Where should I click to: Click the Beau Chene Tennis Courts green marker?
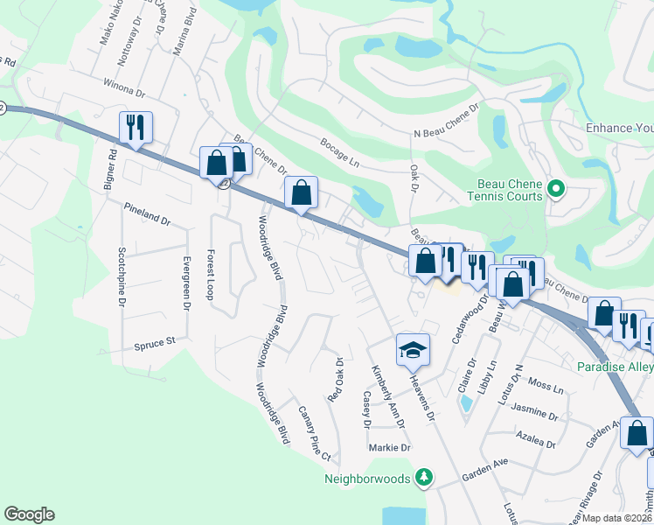tap(553, 188)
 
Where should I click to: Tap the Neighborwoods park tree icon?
tap(424, 477)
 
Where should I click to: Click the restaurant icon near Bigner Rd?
tap(135, 127)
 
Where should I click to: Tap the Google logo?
tap(29, 514)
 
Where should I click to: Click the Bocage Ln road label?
tap(340, 154)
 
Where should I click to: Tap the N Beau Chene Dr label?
tap(447, 122)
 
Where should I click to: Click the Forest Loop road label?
tap(211, 275)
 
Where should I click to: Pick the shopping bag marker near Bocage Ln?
tap(301, 193)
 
